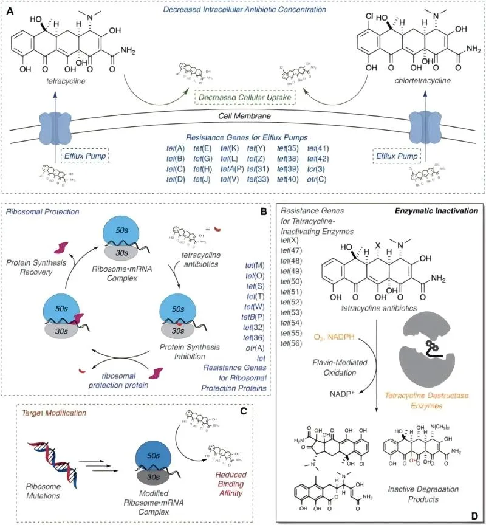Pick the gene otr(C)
318,179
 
